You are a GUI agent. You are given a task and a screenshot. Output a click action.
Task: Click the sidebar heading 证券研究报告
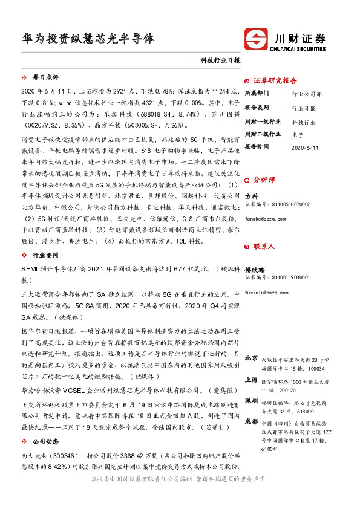click(275, 80)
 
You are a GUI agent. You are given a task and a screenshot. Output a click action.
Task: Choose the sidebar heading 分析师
click(264, 180)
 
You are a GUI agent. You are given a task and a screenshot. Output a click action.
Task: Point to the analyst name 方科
click(251, 196)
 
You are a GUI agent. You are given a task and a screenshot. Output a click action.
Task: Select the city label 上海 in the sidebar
click(251, 380)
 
